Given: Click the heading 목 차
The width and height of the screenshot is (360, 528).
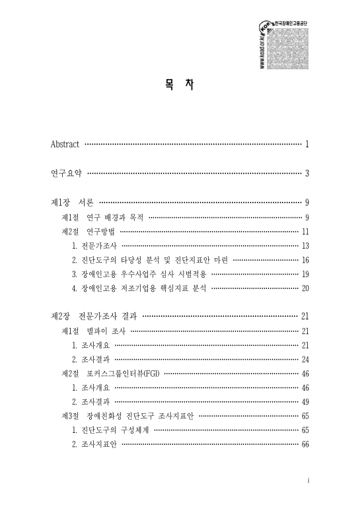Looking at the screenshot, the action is [x=180, y=86].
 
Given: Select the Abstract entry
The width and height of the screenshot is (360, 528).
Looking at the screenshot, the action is [x=65, y=144].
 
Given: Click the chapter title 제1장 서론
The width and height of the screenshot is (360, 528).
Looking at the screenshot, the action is [x=73, y=203].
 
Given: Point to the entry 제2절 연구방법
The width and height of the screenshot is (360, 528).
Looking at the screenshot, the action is [x=89, y=232].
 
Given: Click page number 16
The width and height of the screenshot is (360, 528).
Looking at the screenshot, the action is [x=305, y=261].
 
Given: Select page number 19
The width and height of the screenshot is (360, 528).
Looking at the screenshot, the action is [x=305, y=275].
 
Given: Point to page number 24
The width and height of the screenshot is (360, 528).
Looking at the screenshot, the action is [x=305, y=359].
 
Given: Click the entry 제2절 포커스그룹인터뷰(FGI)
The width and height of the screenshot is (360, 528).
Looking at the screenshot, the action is [x=111, y=374].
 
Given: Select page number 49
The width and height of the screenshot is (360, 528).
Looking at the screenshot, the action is [x=305, y=402].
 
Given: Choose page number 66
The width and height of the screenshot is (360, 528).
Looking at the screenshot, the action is [x=305, y=445].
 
